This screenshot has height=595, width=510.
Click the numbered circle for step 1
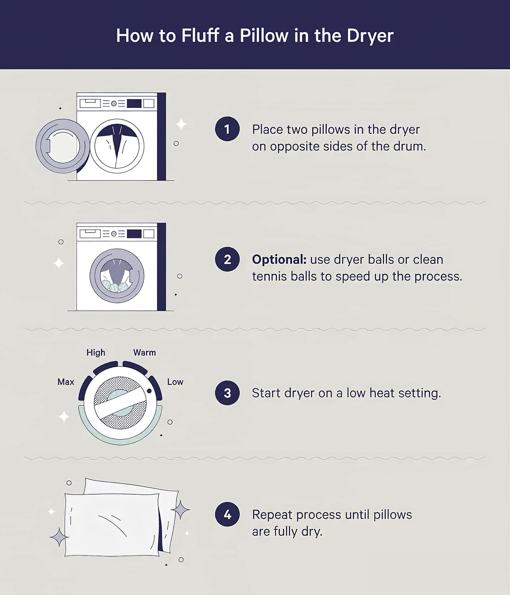tap(227, 129)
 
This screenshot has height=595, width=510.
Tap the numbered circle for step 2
tap(227, 259)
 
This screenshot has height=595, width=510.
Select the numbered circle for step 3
tap(227, 393)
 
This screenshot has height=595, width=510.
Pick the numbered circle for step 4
tap(227, 514)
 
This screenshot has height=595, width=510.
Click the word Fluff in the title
tap(200, 36)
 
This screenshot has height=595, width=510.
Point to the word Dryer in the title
tap(370, 36)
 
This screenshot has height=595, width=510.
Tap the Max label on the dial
tap(65, 382)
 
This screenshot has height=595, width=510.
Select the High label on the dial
tap(96, 353)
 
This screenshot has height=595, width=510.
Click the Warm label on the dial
tap(144, 352)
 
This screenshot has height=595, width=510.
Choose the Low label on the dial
tap(175, 382)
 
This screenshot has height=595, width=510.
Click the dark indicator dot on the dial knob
tap(149, 391)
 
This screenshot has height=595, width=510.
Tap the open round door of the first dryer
tap(62, 146)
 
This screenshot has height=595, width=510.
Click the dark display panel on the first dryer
tap(134, 103)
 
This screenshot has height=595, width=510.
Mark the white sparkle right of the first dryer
tap(181, 125)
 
